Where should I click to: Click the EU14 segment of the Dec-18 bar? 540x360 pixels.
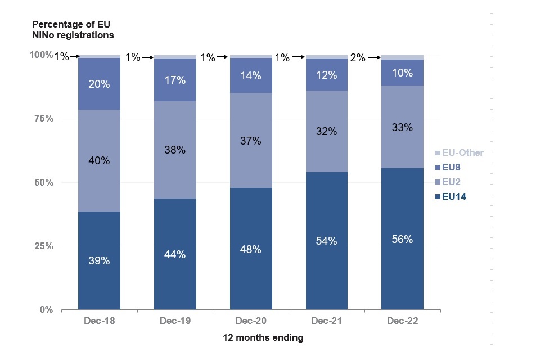99,260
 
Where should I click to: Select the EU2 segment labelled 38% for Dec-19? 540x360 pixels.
175,150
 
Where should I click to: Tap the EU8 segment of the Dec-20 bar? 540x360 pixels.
251,75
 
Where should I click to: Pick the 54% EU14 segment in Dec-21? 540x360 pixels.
327,241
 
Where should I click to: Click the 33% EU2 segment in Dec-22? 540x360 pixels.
402,127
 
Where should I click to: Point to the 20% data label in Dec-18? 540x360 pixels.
99,84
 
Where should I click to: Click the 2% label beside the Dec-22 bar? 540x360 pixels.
358,57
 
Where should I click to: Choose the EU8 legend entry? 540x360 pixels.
455,167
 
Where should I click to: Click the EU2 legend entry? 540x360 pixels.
455,182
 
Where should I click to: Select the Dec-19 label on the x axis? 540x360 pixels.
175,321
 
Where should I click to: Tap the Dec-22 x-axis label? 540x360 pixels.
402,321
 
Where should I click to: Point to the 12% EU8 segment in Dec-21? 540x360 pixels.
327,74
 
